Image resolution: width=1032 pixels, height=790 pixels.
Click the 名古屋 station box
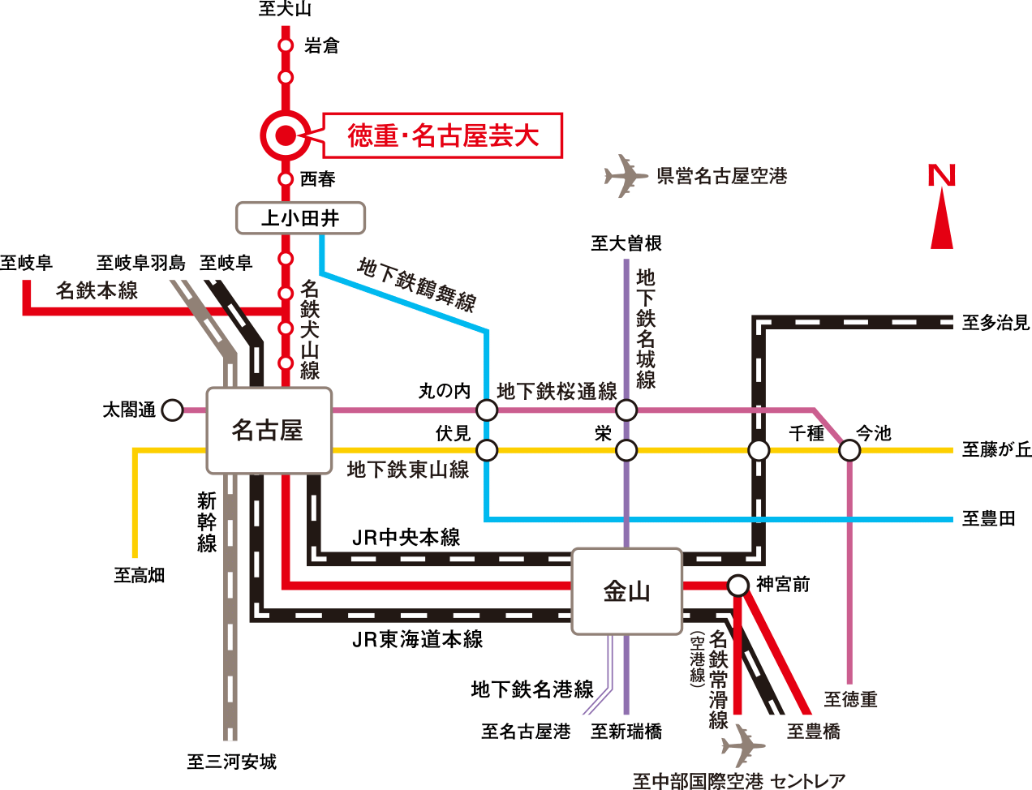pyautogui.click(x=269, y=431)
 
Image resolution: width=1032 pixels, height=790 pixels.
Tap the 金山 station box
pyautogui.click(x=626, y=591)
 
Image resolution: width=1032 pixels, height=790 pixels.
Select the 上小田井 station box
pyautogui.click(x=300, y=218)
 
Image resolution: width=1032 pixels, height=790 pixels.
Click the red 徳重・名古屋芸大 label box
pyautogui.click(x=443, y=135)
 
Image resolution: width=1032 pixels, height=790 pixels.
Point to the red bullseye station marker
pyautogui.click(x=286, y=135)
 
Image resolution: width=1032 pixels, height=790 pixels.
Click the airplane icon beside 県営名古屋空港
pyautogui.click(x=626, y=176)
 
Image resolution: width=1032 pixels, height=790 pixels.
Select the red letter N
pyautogui.click(x=942, y=175)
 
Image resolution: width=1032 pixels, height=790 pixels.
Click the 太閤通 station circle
pyautogui.click(x=172, y=410)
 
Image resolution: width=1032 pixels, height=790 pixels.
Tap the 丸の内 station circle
pyautogui.click(x=487, y=410)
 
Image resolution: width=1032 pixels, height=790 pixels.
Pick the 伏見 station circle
pyautogui.click(x=487, y=449)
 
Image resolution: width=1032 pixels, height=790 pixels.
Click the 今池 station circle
pyautogui.click(x=849, y=449)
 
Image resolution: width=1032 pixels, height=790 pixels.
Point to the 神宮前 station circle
pyautogui.click(x=737, y=585)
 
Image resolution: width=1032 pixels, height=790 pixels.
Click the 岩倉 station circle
pyautogui.click(x=286, y=45)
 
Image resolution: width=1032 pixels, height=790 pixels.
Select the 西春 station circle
pyautogui.click(x=286, y=178)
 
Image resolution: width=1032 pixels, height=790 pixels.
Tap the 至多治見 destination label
pyautogui.click(x=995, y=323)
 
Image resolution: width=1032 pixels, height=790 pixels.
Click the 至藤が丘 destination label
pyautogui.click(x=996, y=449)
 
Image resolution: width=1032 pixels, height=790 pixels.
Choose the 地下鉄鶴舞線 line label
pyautogui.click(x=417, y=285)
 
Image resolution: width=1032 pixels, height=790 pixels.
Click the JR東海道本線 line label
pyautogui.click(x=417, y=640)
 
